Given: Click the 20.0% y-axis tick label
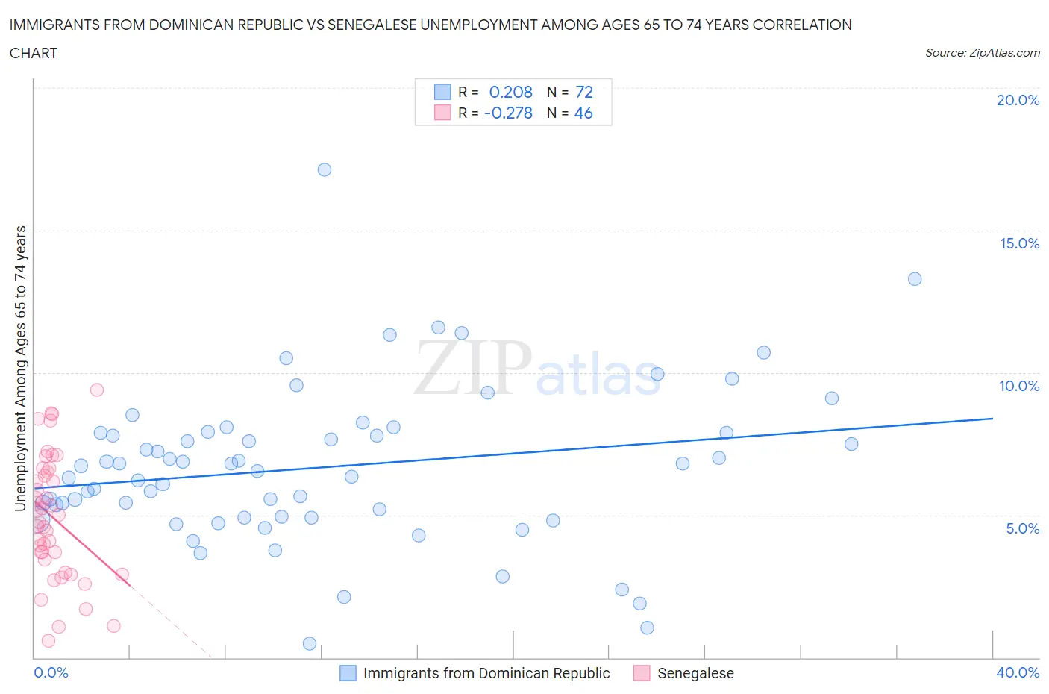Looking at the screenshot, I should [1018, 100].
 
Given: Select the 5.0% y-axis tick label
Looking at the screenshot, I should [1022, 528].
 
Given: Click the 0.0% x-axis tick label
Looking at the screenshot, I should [51, 672].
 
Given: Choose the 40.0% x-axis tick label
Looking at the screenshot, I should [1018, 672].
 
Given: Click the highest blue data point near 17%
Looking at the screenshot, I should [325, 169].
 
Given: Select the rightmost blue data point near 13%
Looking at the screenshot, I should [915, 279].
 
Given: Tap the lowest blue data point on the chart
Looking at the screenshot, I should [310, 643].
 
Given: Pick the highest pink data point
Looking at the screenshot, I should [97, 390].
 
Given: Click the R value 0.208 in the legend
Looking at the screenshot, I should [510, 92].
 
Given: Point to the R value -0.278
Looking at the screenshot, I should [508, 113].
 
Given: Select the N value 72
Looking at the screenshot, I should [584, 92].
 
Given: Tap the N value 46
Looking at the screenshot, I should [583, 113].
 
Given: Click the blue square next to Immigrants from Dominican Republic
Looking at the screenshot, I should [348, 673].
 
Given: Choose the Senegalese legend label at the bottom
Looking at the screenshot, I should [695, 673].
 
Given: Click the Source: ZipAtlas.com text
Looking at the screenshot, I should [982, 53].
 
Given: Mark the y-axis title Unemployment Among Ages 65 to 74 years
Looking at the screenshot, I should [21, 368].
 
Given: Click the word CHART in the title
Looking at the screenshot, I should [34, 53].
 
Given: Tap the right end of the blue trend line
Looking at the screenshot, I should [992, 419].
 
